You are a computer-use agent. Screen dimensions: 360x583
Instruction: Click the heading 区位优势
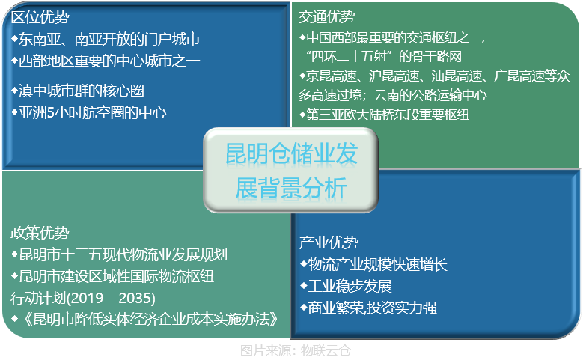pos(40,16)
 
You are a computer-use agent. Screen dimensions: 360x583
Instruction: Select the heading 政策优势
pos(40,232)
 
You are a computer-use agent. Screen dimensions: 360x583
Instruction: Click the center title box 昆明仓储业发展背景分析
pos(291,169)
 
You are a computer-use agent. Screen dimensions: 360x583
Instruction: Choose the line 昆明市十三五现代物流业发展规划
pos(120,254)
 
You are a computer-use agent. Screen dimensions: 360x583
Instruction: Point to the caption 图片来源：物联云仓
pos(296,350)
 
